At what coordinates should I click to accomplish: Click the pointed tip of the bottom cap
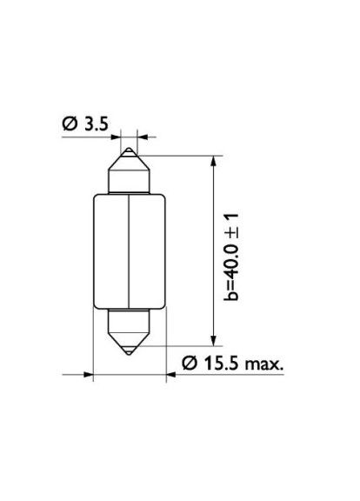128,350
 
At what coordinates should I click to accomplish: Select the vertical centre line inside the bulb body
128,252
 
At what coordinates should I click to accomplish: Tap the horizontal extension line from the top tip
174,155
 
